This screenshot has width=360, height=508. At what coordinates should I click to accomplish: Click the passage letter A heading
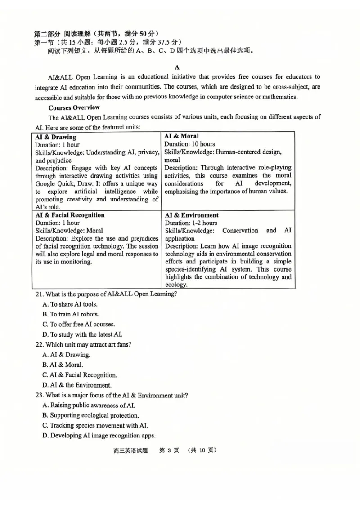(178, 67)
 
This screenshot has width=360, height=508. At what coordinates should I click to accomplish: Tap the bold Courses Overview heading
(74, 107)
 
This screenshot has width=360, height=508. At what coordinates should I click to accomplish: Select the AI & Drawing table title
(55, 137)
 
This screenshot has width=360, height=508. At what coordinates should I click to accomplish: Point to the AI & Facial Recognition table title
(70, 215)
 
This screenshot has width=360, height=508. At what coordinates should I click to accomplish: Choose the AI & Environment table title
(192, 215)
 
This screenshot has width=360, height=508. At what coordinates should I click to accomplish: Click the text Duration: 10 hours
(189, 144)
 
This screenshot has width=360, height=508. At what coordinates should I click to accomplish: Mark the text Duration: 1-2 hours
(191, 223)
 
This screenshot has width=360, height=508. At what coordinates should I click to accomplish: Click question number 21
(39, 294)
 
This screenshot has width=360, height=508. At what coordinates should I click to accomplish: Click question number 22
(39, 345)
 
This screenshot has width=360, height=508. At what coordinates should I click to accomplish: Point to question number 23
(39, 395)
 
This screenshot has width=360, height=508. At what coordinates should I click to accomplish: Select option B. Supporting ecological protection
(90, 415)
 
